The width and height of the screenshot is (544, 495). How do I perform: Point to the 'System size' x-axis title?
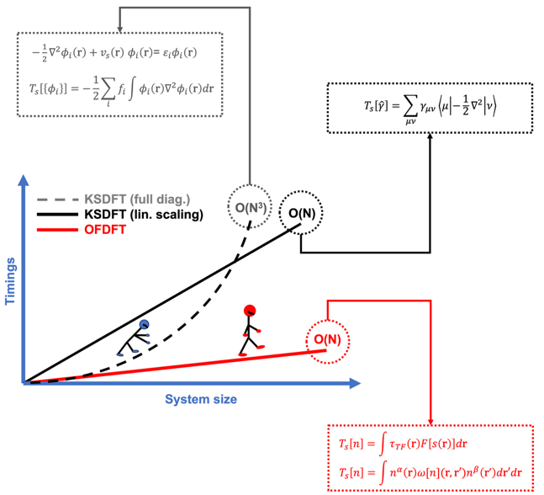tap(200, 398)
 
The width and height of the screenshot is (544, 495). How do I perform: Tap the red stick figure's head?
tap(250, 311)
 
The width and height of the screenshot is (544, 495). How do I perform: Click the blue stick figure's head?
tap(145, 324)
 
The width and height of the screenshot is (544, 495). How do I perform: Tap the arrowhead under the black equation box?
tap(430, 139)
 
